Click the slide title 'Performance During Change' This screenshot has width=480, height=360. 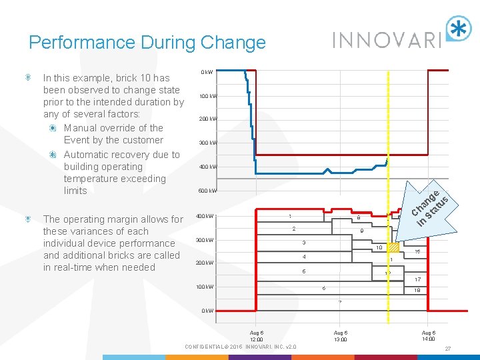click(147, 43)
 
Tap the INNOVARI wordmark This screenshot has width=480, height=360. click(387, 39)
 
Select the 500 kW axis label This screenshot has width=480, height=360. click(208, 191)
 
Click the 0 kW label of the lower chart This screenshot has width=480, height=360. click(207, 311)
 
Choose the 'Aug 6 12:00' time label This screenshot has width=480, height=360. click(257, 336)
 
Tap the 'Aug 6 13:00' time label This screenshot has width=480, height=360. click(340, 336)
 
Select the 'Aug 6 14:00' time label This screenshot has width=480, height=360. click(429, 336)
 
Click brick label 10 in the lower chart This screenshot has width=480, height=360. click(378, 248)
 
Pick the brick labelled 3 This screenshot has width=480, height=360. click(303, 242)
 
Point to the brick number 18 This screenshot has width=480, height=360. click(417, 291)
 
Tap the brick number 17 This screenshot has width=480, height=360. click(417, 279)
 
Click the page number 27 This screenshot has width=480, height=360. click(447, 348)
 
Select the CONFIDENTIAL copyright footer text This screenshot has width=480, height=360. click(241, 346)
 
